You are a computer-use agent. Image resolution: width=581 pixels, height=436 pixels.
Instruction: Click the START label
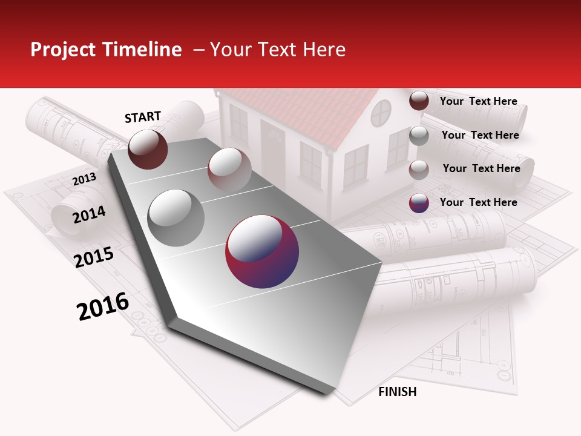(143, 117)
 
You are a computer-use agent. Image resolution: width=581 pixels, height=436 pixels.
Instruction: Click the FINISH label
(397, 392)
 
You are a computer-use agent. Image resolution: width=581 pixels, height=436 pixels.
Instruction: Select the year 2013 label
(84, 179)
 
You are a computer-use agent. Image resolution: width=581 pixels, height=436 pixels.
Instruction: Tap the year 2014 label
(89, 214)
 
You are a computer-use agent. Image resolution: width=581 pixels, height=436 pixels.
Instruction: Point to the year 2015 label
(94, 257)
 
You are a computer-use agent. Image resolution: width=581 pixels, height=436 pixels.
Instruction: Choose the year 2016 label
(103, 306)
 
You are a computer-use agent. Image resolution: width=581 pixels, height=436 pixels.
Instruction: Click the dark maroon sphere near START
(148, 150)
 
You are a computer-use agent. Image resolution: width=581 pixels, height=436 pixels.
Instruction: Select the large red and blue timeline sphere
(262, 251)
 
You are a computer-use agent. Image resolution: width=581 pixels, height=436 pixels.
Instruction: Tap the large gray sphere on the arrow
(176, 217)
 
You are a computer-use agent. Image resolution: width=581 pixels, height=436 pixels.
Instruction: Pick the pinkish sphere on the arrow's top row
(229, 169)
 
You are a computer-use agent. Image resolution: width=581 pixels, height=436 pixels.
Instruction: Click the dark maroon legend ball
(419, 101)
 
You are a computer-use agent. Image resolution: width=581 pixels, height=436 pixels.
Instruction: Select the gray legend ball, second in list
(419, 136)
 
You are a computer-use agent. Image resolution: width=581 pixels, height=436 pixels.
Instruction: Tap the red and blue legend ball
(419, 203)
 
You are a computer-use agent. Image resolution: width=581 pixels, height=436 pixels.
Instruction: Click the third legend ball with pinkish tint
(419, 169)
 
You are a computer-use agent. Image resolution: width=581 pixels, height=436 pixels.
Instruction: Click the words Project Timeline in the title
(106, 50)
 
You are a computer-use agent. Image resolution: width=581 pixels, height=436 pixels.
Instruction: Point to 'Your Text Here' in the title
(278, 50)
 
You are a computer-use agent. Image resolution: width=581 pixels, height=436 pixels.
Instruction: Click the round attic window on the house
(381, 113)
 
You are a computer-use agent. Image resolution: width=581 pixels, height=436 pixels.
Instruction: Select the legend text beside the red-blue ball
(478, 202)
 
